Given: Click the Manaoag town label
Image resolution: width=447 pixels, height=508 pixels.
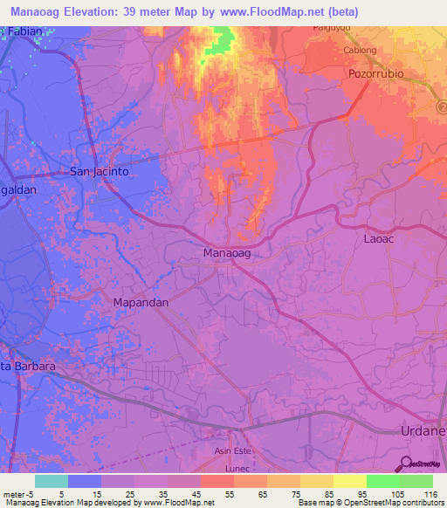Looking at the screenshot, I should (226, 253).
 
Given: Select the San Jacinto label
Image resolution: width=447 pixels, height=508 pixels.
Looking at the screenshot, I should (100, 172).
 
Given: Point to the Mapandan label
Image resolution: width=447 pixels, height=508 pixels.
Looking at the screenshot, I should (141, 301).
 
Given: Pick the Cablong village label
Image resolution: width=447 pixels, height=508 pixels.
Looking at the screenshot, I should (360, 51).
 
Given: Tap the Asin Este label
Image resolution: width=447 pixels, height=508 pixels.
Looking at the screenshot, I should (233, 450).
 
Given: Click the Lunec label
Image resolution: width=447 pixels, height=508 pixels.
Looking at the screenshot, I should (237, 469).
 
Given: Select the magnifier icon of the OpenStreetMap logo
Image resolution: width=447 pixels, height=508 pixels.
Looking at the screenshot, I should (407, 463).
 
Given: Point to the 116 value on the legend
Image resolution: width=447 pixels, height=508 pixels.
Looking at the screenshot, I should (429, 494).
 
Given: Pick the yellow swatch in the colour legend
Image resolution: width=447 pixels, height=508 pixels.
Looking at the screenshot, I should (349, 481).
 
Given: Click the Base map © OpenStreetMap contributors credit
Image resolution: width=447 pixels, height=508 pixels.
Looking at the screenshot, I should (372, 504).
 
